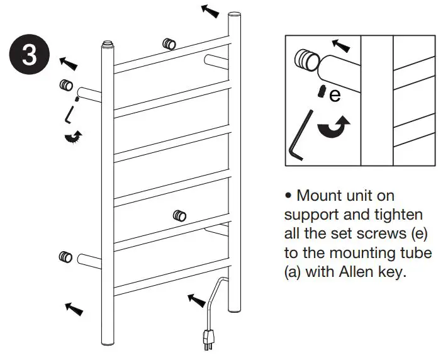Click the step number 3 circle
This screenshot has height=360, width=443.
pyautogui.click(x=30, y=55)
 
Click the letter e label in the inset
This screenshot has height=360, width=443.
pyautogui.click(x=335, y=95)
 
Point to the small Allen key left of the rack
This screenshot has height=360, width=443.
pyautogui.click(x=70, y=115)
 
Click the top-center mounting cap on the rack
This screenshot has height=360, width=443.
pyautogui.click(x=169, y=44)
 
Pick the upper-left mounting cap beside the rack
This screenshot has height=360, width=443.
pyautogui.click(x=65, y=85)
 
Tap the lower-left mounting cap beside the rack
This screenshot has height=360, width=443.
pyautogui.click(x=65, y=256)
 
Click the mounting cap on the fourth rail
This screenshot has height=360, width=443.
pyautogui.click(x=180, y=215)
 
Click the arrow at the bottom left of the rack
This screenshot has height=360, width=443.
pyautogui.click(x=74, y=307)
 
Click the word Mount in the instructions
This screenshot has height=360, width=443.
pyautogui.click(x=325, y=196)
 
